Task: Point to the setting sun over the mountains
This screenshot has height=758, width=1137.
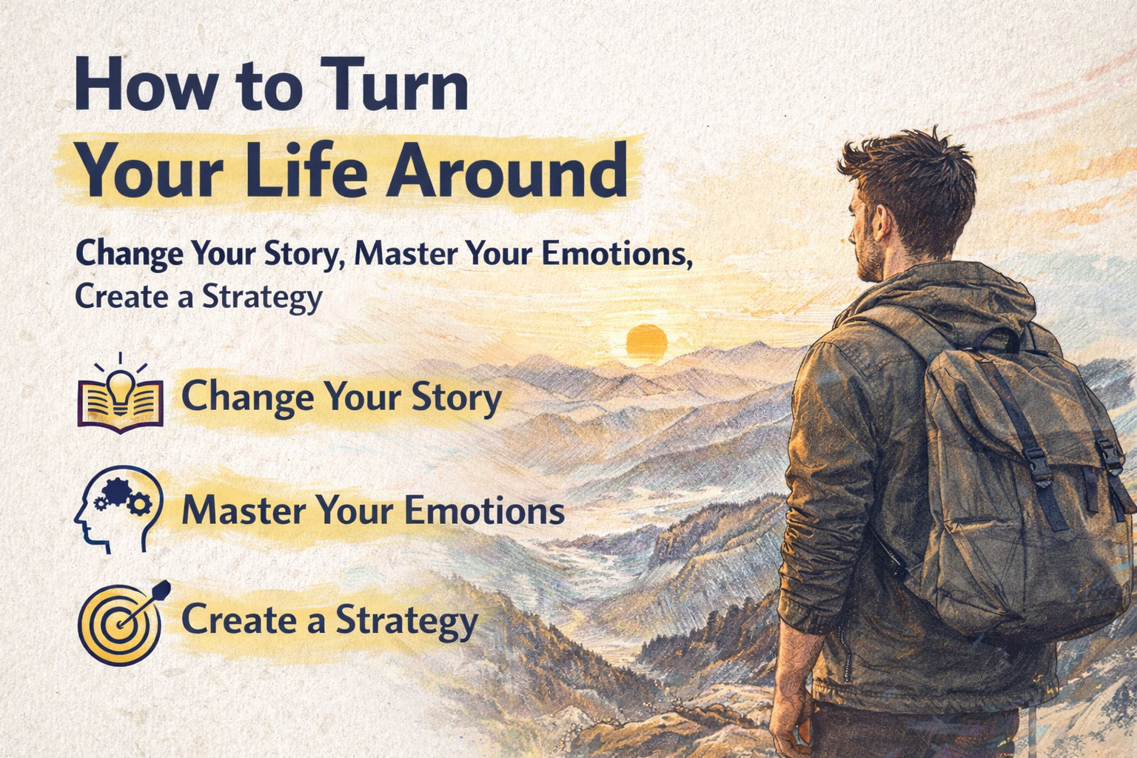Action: click(646, 341)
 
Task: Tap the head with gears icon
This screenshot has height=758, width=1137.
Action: click(118, 509)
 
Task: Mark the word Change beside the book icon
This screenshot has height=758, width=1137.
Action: click(247, 397)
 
